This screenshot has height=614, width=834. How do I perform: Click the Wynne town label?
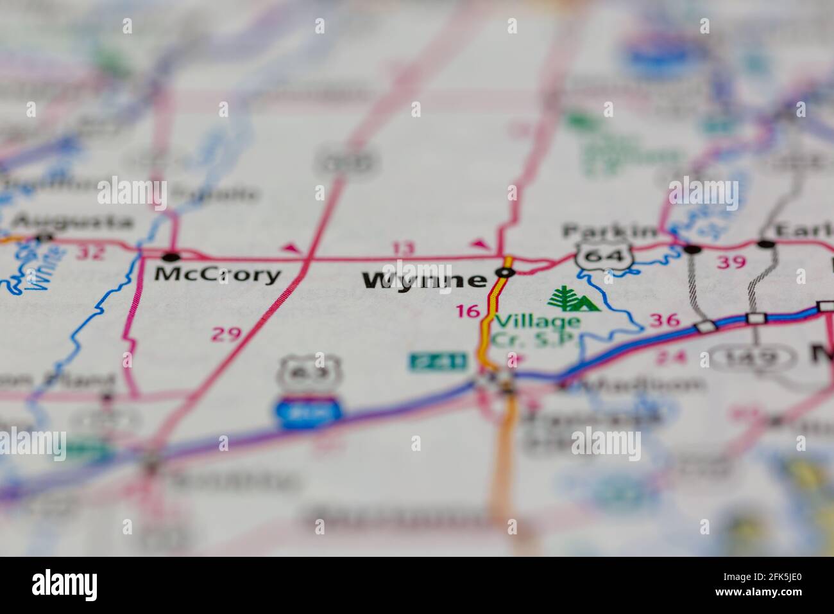(x=424, y=280)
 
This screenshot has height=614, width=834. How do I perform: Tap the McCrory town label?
(x=218, y=275)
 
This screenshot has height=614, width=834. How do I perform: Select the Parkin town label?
(x=609, y=231)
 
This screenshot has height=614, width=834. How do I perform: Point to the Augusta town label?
(x=73, y=222)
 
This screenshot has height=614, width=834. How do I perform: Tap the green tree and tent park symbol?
(x=573, y=299)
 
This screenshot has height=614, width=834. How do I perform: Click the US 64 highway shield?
(x=600, y=256)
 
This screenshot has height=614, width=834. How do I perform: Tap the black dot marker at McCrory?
(x=171, y=258)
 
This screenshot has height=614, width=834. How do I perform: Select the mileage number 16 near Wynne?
(x=468, y=311)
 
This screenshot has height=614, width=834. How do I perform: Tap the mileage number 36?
(x=664, y=320)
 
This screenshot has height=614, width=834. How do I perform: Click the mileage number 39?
(x=731, y=262)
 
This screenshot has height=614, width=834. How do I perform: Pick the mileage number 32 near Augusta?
(x=90, y=252)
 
